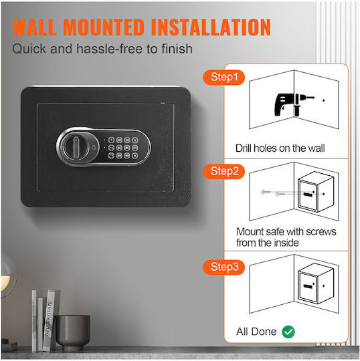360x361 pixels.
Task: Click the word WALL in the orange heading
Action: tap(35, 27)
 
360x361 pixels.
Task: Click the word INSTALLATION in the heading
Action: tap(211, 27)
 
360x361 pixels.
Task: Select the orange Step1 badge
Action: tap(223, 77)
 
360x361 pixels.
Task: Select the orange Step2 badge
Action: tap(223, 172)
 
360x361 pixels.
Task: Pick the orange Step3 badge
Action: tap(223, 267)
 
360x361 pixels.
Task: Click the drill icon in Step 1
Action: tap(294, 104)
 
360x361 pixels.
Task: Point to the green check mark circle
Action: tap(288, 332)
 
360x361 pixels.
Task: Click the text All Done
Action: tap(256, 332)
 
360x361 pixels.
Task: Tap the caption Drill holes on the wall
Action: tap(280, 148)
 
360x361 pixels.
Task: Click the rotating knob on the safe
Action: tap(76, 146)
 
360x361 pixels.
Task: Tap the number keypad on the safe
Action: tap(123, 148)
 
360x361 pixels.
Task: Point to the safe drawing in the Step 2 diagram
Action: tap(316, 192)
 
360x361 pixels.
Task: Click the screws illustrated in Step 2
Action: tap(273, 193)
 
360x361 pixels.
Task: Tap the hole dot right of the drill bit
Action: tap(324, 100)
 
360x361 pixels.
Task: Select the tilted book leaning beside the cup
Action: tap(50, 320)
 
